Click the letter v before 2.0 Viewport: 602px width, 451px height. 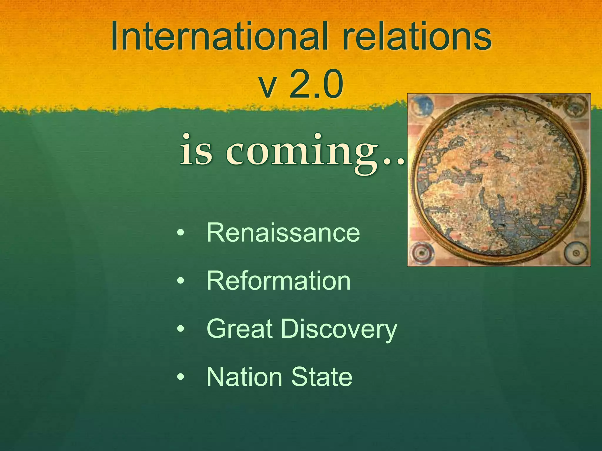tap(267, 87)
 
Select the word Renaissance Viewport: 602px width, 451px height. tap(283, 233)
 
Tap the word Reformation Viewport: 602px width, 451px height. tap(278, 281)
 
